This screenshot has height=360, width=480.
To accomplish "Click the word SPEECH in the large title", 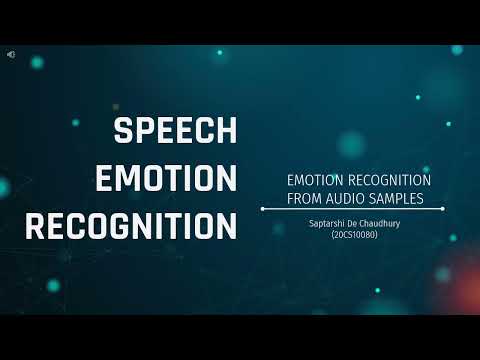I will pos(175,132).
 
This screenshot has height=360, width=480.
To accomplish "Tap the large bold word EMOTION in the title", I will pos(165,178).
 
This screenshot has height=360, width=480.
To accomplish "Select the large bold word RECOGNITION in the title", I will pos(131,225).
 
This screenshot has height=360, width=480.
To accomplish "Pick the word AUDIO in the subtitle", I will pos(349,198).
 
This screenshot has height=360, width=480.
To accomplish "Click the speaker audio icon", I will pos(10,53).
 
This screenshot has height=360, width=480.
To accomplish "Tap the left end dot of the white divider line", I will pos(262,209).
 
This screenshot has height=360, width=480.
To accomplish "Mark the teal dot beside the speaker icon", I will pos(37,62).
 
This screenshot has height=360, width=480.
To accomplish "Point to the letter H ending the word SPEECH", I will pos(228,132).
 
